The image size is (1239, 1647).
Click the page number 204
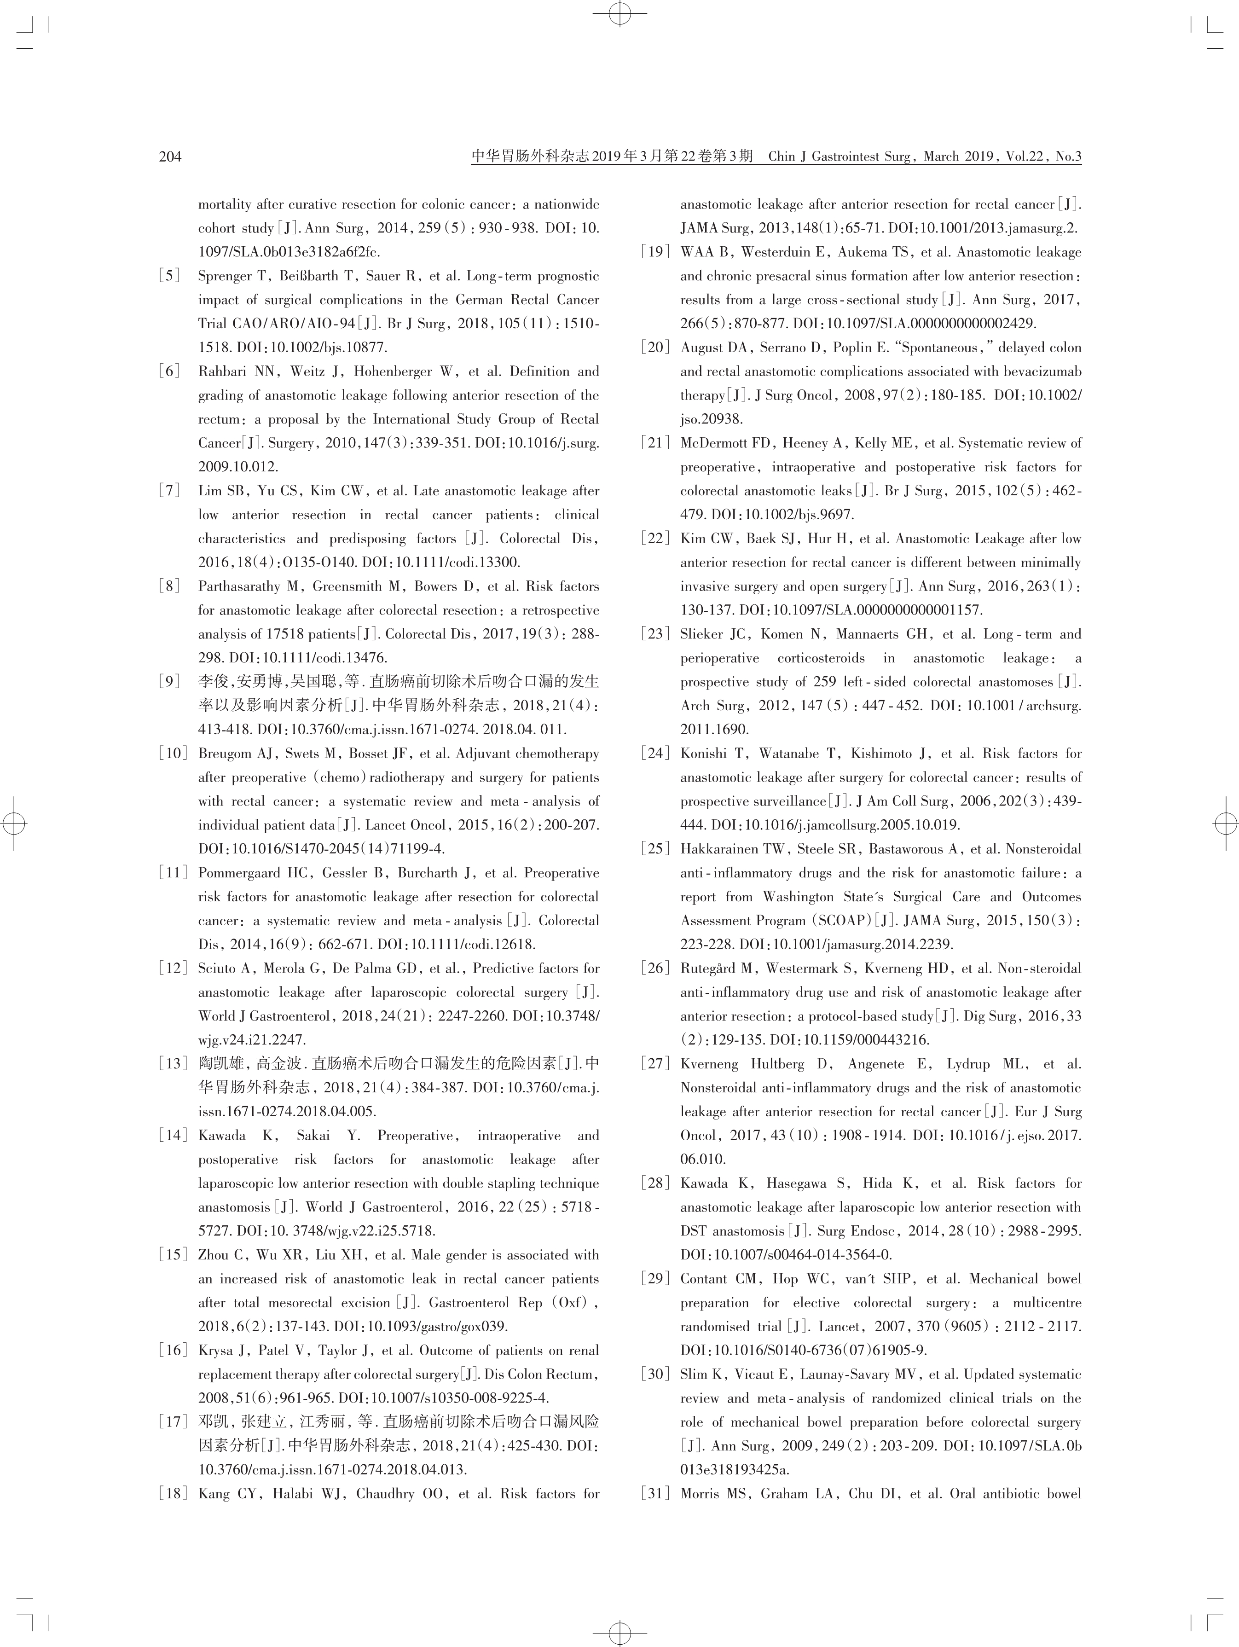click(170, 157)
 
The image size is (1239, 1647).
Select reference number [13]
click(173, 1064)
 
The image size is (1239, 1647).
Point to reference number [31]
click(655, 1494)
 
